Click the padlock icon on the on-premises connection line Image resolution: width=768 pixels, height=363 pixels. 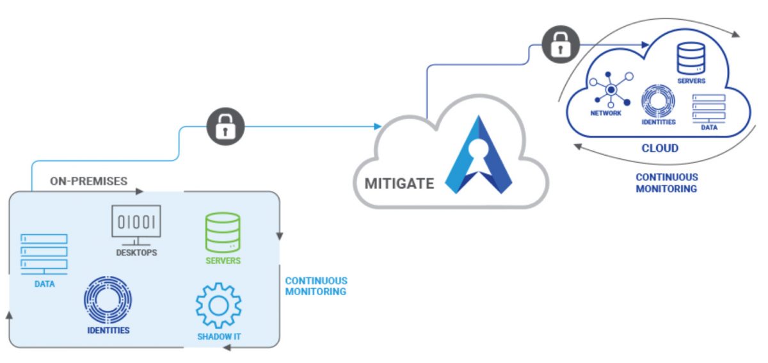click(226, 127)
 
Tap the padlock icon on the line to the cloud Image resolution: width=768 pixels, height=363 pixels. click(561, 44)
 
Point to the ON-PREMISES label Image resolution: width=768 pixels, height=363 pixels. click(88, 181)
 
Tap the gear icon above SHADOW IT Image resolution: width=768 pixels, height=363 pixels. click(218, 305)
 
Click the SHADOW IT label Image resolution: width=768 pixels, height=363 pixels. click(219, 336)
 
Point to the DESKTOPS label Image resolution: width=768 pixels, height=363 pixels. click(136, 252)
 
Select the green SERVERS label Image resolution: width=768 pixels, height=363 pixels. click(223, 261)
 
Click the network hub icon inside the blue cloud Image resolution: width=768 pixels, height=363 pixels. click(611, 90)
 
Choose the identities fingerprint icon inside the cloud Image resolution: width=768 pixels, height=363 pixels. click(658, 101)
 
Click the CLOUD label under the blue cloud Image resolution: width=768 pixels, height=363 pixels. click(660, 149)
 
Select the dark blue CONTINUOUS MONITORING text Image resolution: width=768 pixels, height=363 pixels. click(666, 182)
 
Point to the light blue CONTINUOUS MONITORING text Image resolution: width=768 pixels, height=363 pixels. click(316, 286)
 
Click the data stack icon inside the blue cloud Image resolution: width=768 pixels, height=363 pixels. click(708, 107)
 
